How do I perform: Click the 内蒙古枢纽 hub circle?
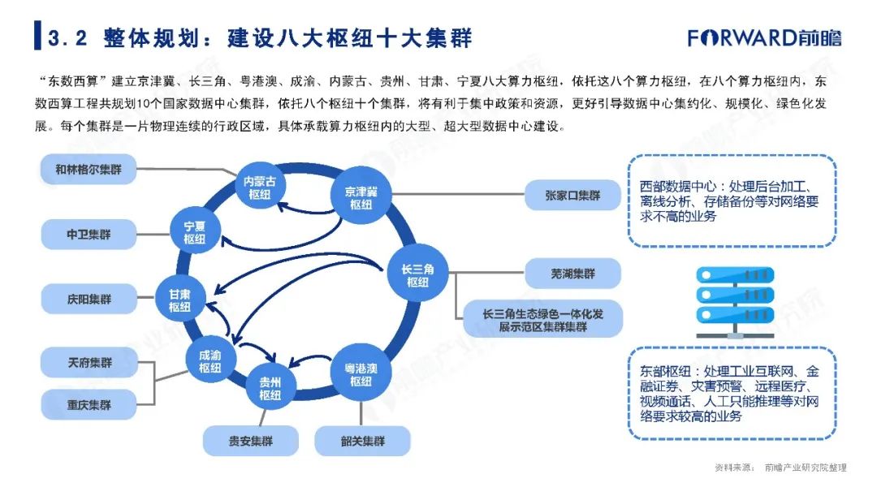[x=260, y=188]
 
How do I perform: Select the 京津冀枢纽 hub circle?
[x=361, y=196]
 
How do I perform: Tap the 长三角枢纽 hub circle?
[x=417, y=274]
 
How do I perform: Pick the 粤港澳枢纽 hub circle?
[x=361, y=373]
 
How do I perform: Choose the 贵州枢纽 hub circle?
[x=270, y=387]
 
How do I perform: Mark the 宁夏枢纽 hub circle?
[x=195, y=231]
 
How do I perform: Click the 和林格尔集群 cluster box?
[x=89, y=170]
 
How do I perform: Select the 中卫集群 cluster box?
[x=89, y=235]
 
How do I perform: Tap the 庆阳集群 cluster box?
[x=89, y=299]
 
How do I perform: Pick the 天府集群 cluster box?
[x=89, y=363]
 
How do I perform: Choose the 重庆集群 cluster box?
[x=89, y=405]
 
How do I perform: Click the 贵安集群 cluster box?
[x=251, y=441]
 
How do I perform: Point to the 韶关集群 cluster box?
[x=362, y=441]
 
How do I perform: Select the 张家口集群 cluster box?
[x=572, y=195]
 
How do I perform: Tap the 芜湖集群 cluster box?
[x=572, y=274]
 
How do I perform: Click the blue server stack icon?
[x=735, y=303]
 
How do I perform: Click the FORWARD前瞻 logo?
[x=764, y=38]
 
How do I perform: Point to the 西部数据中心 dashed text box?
[x=732, y=201]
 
